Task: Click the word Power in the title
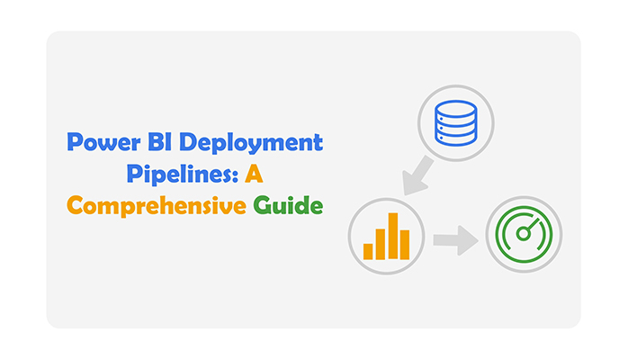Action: coord(103,142)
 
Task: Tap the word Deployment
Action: coord(251,143)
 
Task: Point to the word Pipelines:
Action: coord(183,175)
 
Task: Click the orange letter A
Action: coord(254,175)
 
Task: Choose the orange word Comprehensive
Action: coord(157,206)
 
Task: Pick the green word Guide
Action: coord(288,205)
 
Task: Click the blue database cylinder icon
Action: coord(456,123)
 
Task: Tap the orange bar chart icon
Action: coord(386,237)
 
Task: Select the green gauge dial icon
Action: coord(524,234)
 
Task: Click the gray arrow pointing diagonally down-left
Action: coord(417,176)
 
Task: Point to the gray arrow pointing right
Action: coord(456,240)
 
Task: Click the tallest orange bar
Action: coord(393,236)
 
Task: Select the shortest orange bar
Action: coord(368,251)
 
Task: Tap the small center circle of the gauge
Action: coord(523,234)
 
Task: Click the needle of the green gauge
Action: coord(534,224)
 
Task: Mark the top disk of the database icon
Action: coord(456,108)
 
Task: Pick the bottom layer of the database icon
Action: coord(456,139)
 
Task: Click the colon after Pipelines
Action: coord(236,176)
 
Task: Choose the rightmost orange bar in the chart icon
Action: coord(405,245)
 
